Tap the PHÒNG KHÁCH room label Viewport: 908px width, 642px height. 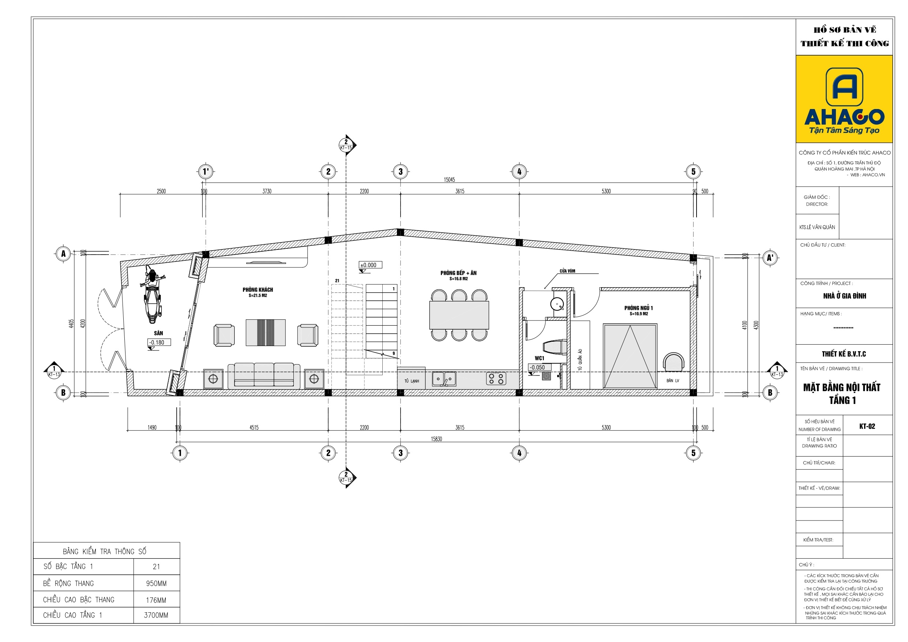(258, 290)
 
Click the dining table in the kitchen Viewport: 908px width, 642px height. (459, 315)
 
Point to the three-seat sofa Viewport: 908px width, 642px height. (264, 376)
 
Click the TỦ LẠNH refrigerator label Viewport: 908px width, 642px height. (412, 381)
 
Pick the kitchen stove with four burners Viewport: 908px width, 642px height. (496, 379)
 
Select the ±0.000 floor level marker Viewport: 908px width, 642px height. (370, 265)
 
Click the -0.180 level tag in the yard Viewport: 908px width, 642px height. (160, 342)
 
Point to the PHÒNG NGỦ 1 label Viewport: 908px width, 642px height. (639, 308)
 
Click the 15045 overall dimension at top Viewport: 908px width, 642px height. (449, 180)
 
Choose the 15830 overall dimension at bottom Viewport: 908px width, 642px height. (436, 439)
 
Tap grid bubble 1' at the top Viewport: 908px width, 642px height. (206, 172)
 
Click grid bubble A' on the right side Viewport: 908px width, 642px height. (770, 258)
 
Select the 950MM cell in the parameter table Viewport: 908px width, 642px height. (156, 583)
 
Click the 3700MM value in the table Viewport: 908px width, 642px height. (156, 615)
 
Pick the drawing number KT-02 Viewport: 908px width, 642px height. (867, 426)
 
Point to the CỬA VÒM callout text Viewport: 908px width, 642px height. (567, 271)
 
